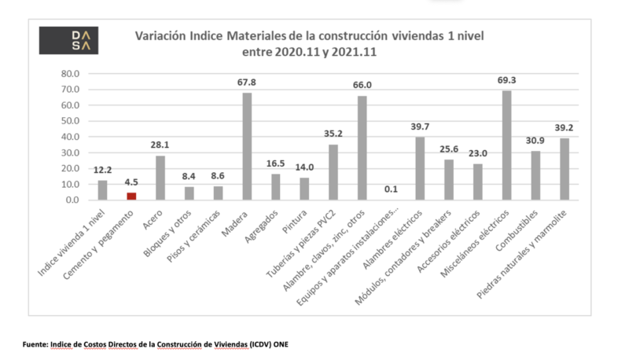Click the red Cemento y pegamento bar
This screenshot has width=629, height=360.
point(131,196)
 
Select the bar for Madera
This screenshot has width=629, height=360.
point(247,146)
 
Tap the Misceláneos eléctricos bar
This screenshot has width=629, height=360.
point(506,145)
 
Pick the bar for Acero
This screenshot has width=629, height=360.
point(160,178)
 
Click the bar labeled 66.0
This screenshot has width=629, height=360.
point(362,148)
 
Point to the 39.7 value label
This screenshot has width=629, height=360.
point(420,127)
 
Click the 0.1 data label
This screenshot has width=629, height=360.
point(391,189)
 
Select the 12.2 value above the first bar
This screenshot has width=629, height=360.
point(102,170)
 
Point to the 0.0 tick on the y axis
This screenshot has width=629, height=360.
point(71,200)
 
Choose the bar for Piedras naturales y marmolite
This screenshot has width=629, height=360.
point(565,169)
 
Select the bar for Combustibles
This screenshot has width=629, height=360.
point(535,175)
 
